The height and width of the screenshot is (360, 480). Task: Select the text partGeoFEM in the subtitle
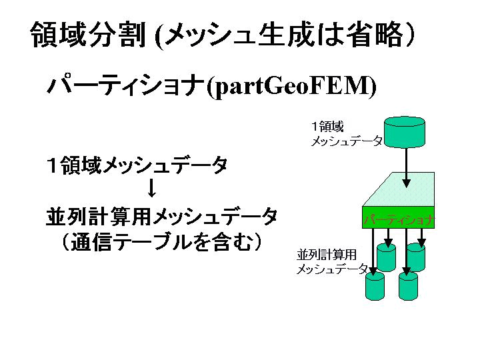click(x=291, y=86)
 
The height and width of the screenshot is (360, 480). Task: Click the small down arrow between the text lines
click(x=151, y=189)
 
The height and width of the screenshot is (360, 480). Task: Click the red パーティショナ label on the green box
click(x=399, y=220)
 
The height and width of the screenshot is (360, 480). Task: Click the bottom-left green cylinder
click(x=375, y=285)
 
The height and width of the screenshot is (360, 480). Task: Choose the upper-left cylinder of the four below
click(x=387, y=257)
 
